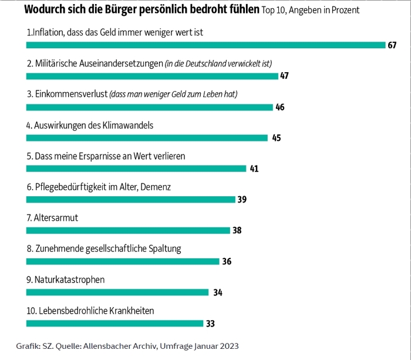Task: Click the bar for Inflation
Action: point(206,45)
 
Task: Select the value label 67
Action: point(392,45)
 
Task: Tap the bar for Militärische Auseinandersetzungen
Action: point(152,76)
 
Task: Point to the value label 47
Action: point(285,76)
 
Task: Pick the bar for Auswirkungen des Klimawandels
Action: point(147,138)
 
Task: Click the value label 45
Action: point(277,138)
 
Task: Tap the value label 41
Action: point(254,169)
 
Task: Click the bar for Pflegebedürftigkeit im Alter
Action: point(131,200)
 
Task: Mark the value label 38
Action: point(237,231)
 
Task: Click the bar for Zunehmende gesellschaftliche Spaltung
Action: point(123,261)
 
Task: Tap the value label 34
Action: point(218,292)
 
